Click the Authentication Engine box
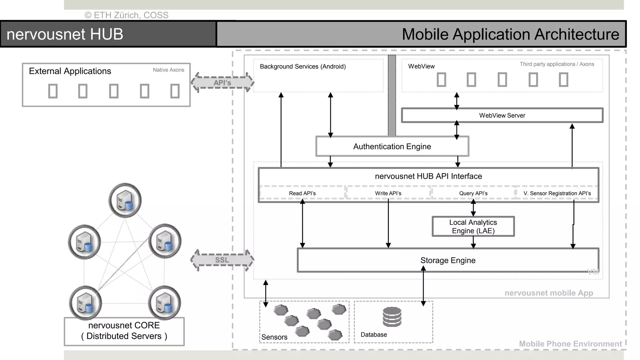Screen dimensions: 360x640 (x=392, y=146)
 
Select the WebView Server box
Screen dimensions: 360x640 (x=502, y=115)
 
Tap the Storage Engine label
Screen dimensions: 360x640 (x=447, y=260)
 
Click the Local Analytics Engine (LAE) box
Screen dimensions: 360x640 (x=473, y=227)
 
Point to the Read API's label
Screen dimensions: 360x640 (x=302, y=193)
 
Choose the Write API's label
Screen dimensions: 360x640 (x=388, y=193)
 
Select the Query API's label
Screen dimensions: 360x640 (x=473, y=193)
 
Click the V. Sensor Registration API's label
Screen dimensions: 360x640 (x=557, y=193)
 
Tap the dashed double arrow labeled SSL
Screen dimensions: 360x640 (x=222, y=260)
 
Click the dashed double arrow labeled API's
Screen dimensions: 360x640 (x=222, y=83)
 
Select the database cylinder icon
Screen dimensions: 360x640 (x=392, y=317)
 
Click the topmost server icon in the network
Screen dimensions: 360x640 (x=125, y=200)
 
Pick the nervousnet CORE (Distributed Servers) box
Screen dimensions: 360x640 (x=124, y=331)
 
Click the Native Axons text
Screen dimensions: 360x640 (x=168, y=70)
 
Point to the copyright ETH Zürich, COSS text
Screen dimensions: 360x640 (x=127, y=15)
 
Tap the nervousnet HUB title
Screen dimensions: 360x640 (x=65, y=34)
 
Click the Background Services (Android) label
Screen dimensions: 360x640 (x=302, y=67)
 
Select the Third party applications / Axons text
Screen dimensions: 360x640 (x=557, y=64)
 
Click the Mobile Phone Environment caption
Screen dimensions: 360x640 (x=570, y=344)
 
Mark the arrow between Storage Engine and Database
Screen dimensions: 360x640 (x=423, y=286)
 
